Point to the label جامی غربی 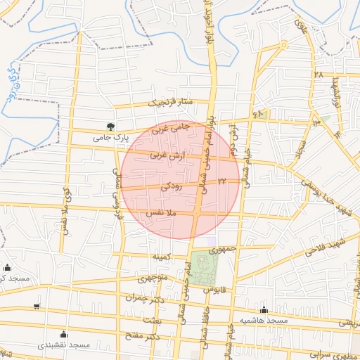(x=172, y=129)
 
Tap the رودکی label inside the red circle (x=172, y=187)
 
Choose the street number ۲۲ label (x=222, y=181)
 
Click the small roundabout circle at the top (x=283, y=44)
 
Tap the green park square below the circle (x=203, y=268)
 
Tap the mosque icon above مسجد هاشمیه (x=264, y=309)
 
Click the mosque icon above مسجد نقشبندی (x=63, y=334)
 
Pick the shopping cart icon (x=37, y=307)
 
